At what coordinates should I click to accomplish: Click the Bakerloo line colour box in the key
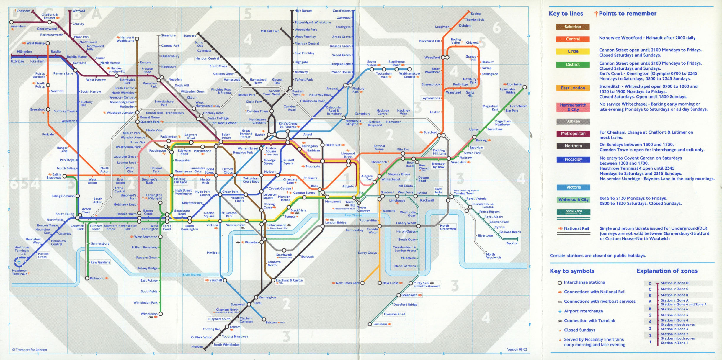[x=573, y=27]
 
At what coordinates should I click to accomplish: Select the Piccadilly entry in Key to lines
[x=573, y=159]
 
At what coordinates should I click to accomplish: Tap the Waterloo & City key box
[x=573, y=199]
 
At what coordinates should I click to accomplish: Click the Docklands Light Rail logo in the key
[x=574, y=212]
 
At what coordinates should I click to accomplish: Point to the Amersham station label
[x=18, y=27]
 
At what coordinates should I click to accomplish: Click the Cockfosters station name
[x=342, y=11]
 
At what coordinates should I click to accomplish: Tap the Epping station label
[x=476, y=14]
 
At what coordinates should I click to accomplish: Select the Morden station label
[x=197, y=346]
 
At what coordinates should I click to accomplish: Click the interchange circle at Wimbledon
[x=161, y=314]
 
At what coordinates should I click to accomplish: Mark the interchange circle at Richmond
[x=87, y=278]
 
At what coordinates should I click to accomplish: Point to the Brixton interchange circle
[x=264, y=319]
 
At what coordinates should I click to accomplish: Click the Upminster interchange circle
[x=525, y=87]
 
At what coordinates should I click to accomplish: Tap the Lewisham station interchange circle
[x=370, y=324]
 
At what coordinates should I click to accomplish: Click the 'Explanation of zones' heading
[x=667, y=271]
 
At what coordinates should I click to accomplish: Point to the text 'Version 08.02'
[x=517, y=349]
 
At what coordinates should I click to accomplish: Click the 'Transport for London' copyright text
[x=30, y=350]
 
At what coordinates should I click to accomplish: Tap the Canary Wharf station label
[x=406, y=223]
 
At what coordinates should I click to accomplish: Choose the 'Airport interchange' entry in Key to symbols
[x=583, y=311]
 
